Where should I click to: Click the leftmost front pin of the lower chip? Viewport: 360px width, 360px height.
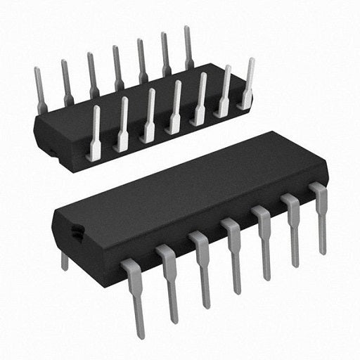[x=135, y=295]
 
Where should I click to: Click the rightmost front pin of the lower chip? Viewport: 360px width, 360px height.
[x=321, y=214]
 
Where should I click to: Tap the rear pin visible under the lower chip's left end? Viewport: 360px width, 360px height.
[x=65, y=261]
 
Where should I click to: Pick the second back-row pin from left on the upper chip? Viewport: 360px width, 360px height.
[x=67, y=81]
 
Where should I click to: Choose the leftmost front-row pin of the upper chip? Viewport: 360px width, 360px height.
[x=94, y=134]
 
